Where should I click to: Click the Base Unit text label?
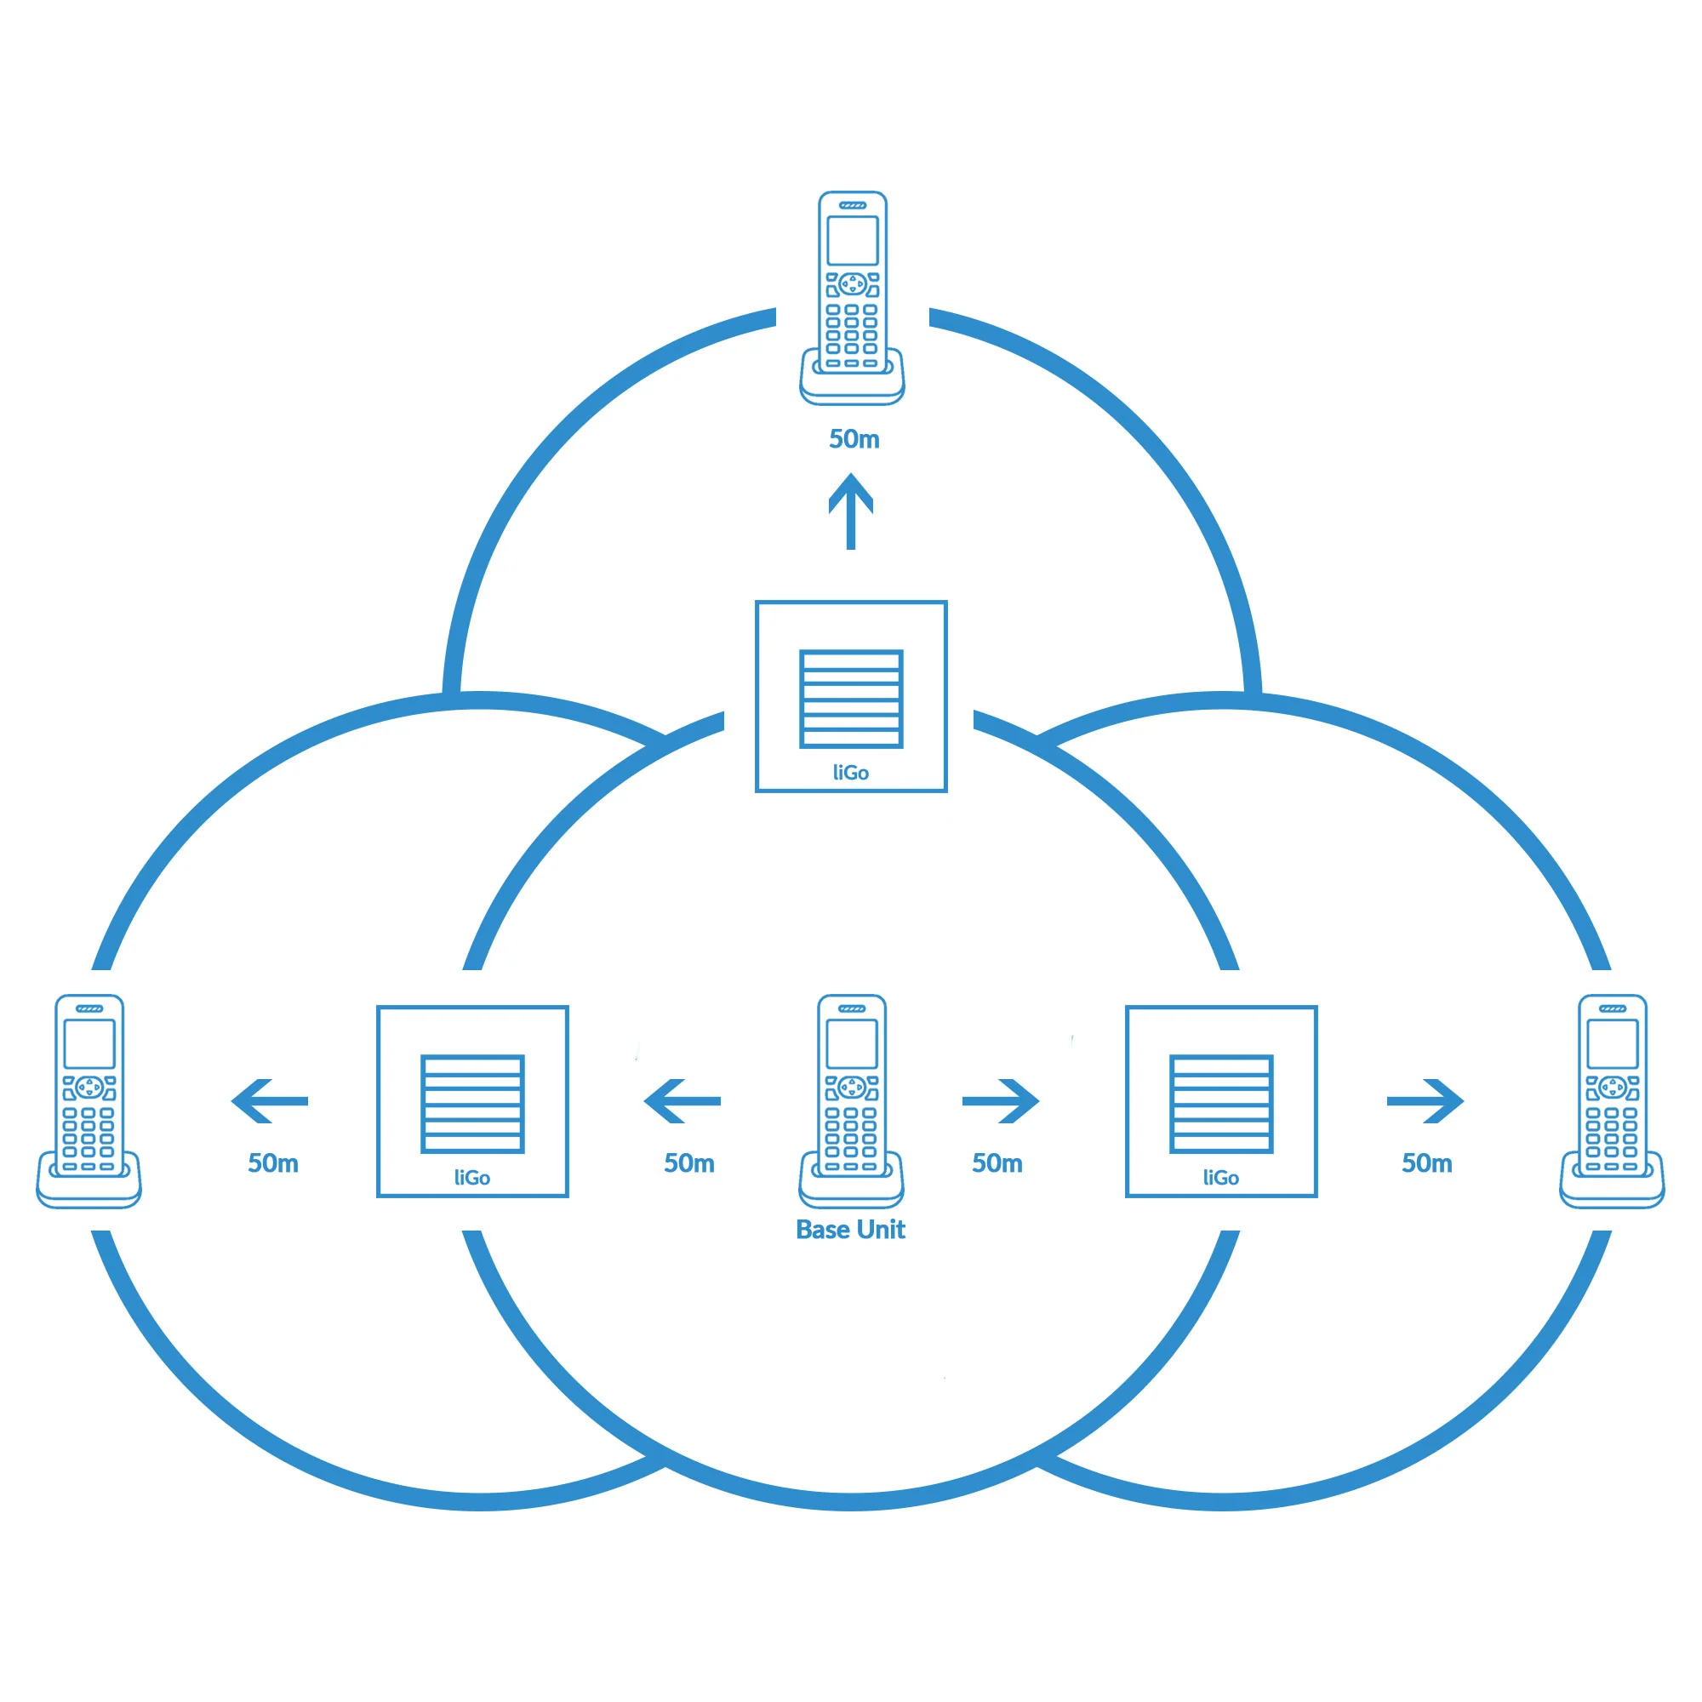click(x=850, y=1229)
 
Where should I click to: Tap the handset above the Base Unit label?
click(x=851, y=1100)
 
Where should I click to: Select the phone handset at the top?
click(x=852, y=298)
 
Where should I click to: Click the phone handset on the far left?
click(x=89, y=1101)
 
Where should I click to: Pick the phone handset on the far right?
click(x=1612, y=1101)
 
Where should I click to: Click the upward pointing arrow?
click(x=851, y=511)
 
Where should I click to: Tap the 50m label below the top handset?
click(x=854, y=439)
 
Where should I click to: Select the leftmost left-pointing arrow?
click(x=270, y=1101)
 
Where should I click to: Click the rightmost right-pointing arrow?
click(x=1425, y=1101)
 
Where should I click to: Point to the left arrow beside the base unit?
click(x=682, y=1101)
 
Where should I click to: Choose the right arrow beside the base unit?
click(x=1001, y=1101)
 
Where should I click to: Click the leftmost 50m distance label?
click(x=273, y=1163)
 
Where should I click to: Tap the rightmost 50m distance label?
click(x=1427, y=1163)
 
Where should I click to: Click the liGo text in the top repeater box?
click(x=851, y=773)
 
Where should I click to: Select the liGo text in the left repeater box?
click(x=472, y=1178)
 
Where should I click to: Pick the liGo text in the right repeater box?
click(x=1221, y=1178)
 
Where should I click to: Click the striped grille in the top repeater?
click(x=851, y=700)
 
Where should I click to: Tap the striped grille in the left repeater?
click(x=472, y=1104)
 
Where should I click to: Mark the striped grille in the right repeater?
click(x=1221, y=1104)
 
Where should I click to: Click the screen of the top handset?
click(x=852, y=241)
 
